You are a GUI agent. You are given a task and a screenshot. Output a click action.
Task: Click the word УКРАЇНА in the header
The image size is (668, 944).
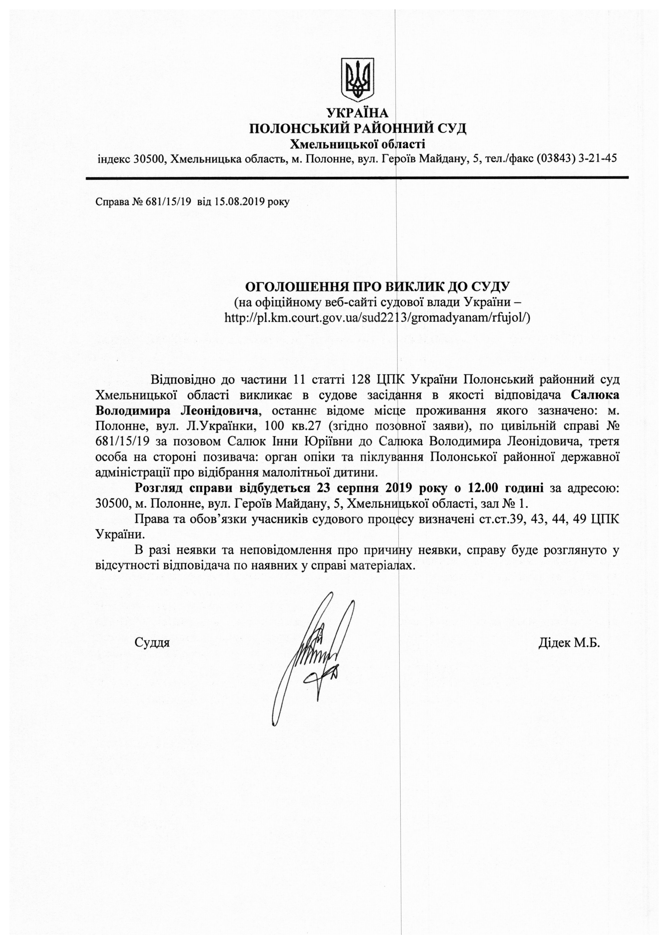(x=357, y=113)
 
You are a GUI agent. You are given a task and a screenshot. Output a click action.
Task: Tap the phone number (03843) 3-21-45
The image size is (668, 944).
(x=576, y=159)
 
